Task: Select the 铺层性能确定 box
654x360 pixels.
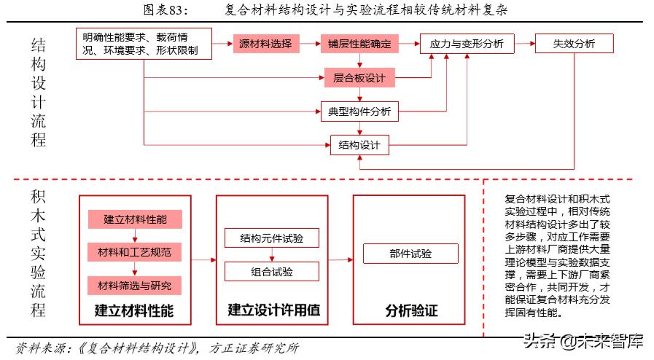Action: pos(359,44)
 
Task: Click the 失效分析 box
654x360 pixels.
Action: pos(575,44)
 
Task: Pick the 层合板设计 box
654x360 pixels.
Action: pos(359,77)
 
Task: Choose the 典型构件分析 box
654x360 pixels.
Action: pos(359,111)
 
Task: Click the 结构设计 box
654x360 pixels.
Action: pos(359,144)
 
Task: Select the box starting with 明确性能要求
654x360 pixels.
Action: pos(144,44)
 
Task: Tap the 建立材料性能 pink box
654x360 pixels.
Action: pos(133,219)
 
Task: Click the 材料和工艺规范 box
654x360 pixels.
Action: pos(133,252)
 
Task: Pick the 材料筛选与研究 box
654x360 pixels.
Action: pos(133,284)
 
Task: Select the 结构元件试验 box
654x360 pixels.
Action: pos(272,238)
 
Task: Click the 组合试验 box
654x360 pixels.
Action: pos(272,271)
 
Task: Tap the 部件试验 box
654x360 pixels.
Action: pos(410,254)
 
